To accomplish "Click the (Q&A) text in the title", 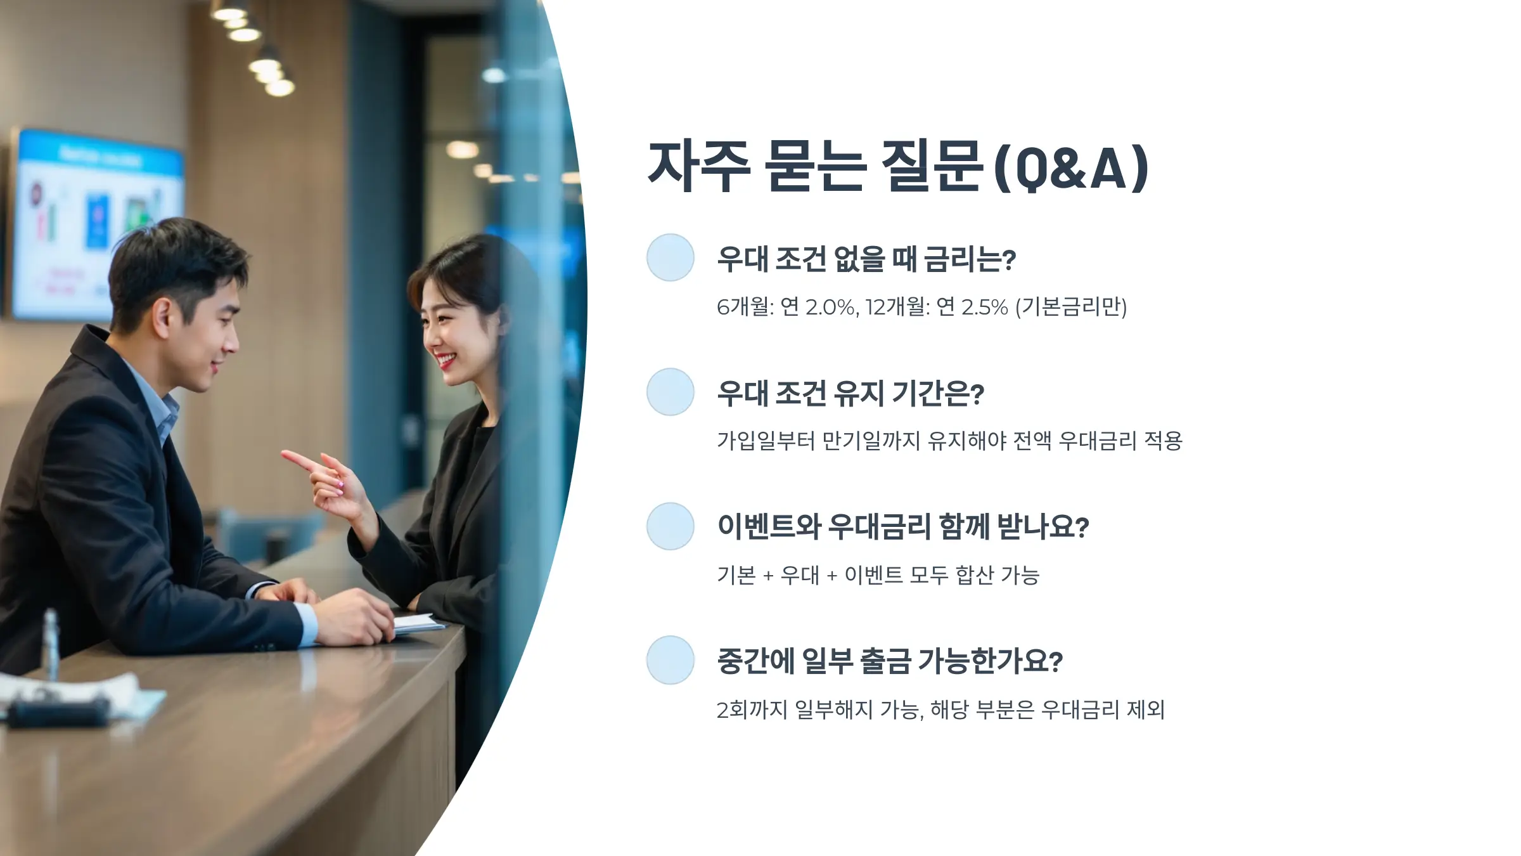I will [x=1071, y=168].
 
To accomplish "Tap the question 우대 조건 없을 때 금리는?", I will [x=866, y=259].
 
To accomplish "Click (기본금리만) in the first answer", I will [x=1071, y=307].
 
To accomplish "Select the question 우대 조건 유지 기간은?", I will [x=850, y=393].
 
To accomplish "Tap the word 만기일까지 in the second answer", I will [x=871, y=441].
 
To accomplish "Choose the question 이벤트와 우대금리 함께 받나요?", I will [x=902, y=527].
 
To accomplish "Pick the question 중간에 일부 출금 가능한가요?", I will [x=889, y=661].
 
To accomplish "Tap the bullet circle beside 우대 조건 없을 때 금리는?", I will [x=670, y=257].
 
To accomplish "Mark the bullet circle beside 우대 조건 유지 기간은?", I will [x=670, y=392].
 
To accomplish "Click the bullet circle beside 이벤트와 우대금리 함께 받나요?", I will [x=670, y=526].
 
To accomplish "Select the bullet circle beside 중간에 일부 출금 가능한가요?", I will [x=670, y=660].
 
